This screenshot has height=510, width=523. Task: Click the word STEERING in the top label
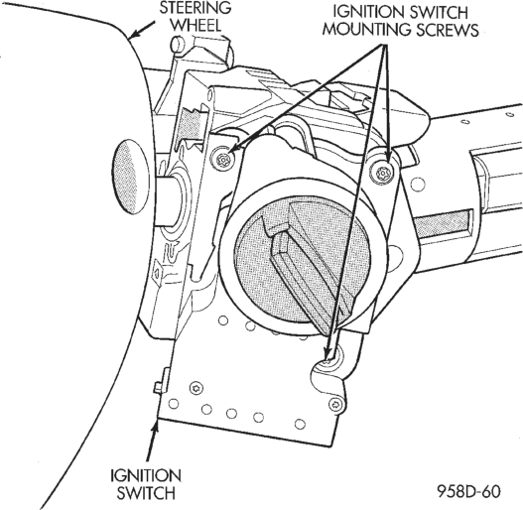point(196,9)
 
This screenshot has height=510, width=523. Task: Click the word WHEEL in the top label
point(197,25)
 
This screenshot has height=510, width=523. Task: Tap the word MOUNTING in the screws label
point(367,30)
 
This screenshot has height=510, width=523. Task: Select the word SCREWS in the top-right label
point(448,30)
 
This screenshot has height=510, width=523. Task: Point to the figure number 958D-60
point(469,491)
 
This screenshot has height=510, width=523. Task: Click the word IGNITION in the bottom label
point(146,475)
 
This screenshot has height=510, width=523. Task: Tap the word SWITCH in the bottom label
point(146,493)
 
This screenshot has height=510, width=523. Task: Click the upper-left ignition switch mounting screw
point(222,160)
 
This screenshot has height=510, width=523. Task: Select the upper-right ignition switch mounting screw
point(381,173)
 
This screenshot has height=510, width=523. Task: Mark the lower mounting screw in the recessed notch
point(328,359)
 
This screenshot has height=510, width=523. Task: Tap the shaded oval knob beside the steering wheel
point(129,176)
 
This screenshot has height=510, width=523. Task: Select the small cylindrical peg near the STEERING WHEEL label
point(178,44)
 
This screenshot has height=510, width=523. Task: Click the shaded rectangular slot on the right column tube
point(444,222)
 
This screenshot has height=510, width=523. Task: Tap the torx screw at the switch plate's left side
point(196,388)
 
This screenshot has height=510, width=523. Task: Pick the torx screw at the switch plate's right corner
point(335,404)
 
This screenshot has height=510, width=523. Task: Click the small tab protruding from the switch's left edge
point(161,380)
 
